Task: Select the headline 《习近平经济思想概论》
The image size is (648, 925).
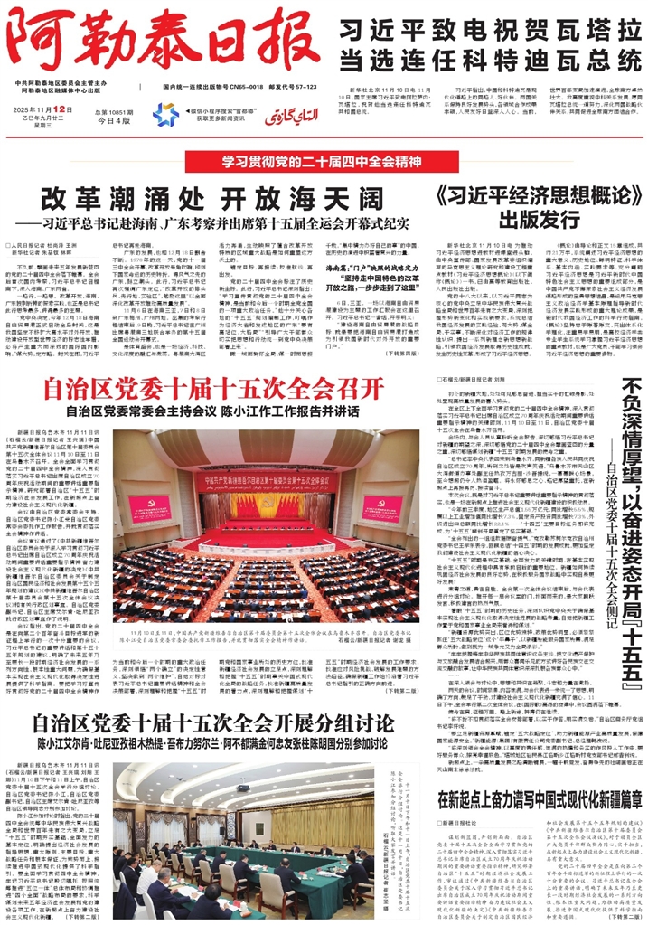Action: point(529,196)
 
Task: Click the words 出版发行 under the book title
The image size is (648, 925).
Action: point(528,220)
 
